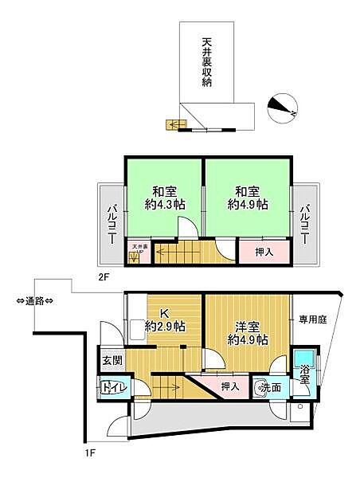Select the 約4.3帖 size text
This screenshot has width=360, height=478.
[165, 205]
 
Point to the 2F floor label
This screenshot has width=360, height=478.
[104, 278]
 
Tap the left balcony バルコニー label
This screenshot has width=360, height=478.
[111, 225]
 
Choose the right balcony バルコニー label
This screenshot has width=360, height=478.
[304, 225]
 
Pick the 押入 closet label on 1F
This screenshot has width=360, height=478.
[229, 386]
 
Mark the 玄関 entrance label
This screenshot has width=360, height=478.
[111, 360]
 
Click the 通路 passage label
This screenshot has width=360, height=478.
[35, 300]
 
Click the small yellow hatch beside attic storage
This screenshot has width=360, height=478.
[172, 123]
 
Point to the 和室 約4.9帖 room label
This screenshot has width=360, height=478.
[248, 198]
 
